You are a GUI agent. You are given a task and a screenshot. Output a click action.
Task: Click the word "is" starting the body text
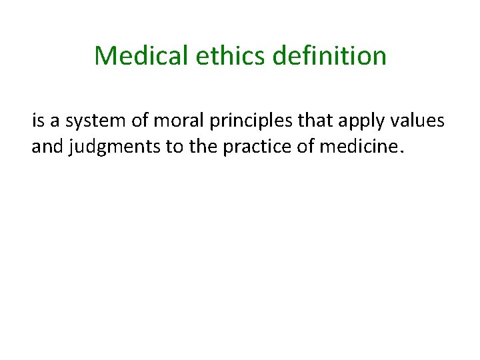[x=37, y=121]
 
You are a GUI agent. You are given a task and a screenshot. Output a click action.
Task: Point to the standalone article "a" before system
[x=55, y=121]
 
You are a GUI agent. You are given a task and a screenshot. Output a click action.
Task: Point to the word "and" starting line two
[x=47, y=147]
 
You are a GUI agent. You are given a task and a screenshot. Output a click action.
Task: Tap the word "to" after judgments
[x=175, y=147]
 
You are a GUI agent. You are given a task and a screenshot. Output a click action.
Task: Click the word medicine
[x=358, y=147]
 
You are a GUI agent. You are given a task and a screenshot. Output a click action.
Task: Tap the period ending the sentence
[x=400, y=151]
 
